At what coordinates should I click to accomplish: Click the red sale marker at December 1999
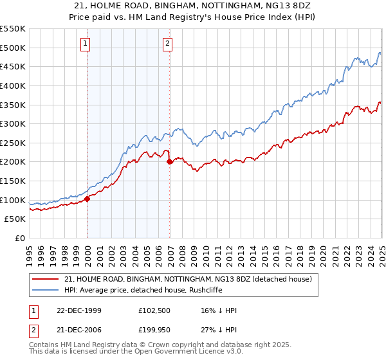point(87,199)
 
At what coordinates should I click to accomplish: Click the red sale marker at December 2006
point(170,162)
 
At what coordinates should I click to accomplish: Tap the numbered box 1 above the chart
point(86,44)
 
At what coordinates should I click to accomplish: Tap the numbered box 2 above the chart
point(167,44)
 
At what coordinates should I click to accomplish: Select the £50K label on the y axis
point(15,219)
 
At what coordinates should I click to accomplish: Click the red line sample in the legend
point(45,279)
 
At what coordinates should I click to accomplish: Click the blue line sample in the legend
point(45,290)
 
